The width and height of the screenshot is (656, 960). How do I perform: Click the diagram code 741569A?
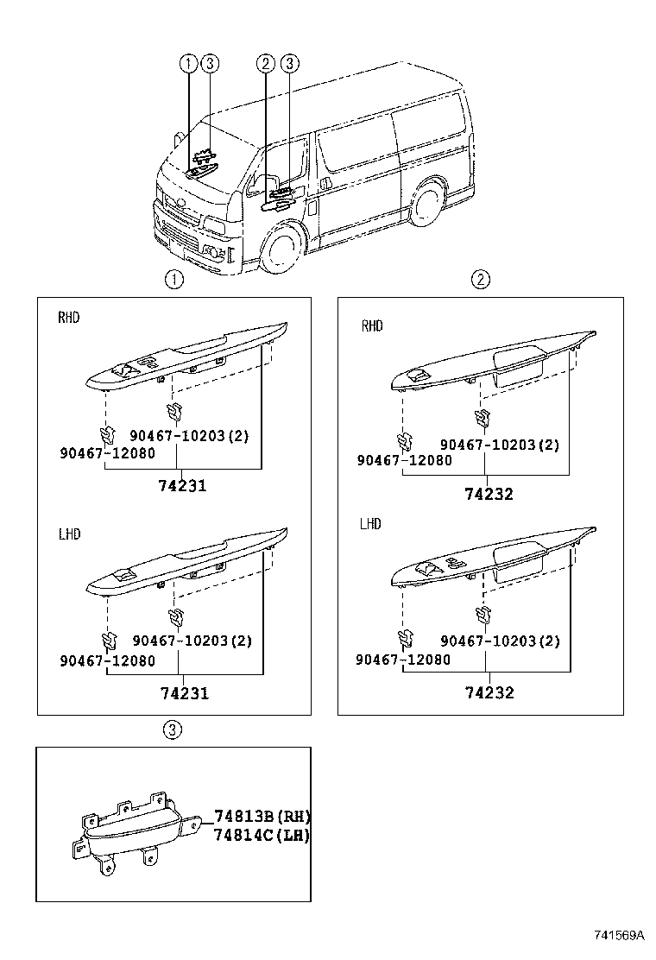tap(618, 935)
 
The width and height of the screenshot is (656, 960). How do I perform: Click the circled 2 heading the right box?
tap(480, 279)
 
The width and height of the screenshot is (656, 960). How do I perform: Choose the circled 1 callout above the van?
tap(188, 63)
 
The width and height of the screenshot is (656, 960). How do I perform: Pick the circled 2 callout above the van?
tap(266, 63)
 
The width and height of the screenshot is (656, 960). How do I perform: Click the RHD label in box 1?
tap(69, 318)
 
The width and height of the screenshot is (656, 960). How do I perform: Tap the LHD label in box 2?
tap(370, 524)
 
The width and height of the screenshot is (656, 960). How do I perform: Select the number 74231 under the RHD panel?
tap(182, 486)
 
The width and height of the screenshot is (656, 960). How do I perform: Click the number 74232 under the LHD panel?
tap(489, 693)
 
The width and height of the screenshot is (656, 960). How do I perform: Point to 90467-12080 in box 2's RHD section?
tap(404, 461)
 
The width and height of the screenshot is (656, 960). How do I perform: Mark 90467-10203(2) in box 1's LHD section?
tap(192, 641)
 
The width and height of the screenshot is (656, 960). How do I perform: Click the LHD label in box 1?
tap(69, 534)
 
